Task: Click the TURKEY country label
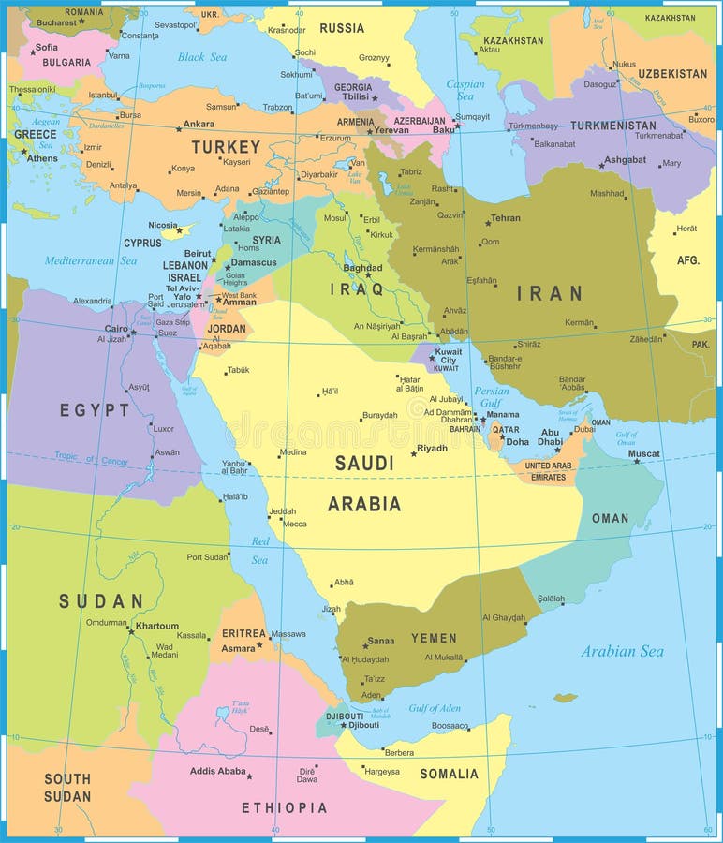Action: (x=226, y=147)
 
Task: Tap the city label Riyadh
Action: (x=432, y=449)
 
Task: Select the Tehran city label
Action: (x=506, y=218)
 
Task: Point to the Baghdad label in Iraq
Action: (x=362, y=267)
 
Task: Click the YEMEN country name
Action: (x=434, y=638)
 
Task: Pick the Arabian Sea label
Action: (x=622, y=651)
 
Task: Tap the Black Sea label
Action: (x=202, y=57)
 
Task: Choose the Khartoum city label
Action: (x=156, y=626)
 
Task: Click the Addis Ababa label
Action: (x=217, y=772)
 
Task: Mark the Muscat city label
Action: (x=643, y=454)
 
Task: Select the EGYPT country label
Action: (x=95, y=410)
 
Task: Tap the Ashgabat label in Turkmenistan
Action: (x=625, y=159)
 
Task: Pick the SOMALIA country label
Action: (x=449, y=774)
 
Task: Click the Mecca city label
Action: (x=294, y=524)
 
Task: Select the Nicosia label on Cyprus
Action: (x=163, y=225)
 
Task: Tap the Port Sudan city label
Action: (x=207, y=557)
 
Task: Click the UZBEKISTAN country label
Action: (x=672, y=73)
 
